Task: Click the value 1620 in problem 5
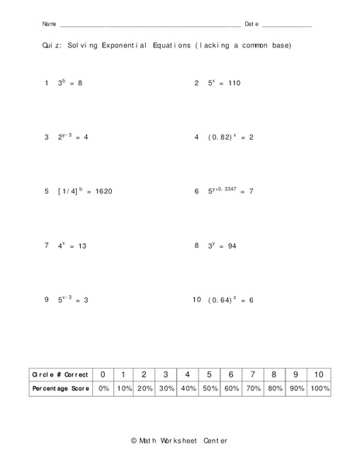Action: [103, 191]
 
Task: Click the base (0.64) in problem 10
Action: [220, 300]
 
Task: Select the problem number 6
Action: [197, 191]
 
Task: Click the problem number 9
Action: [47, 300]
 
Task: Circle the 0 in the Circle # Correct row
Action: [103, 374]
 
